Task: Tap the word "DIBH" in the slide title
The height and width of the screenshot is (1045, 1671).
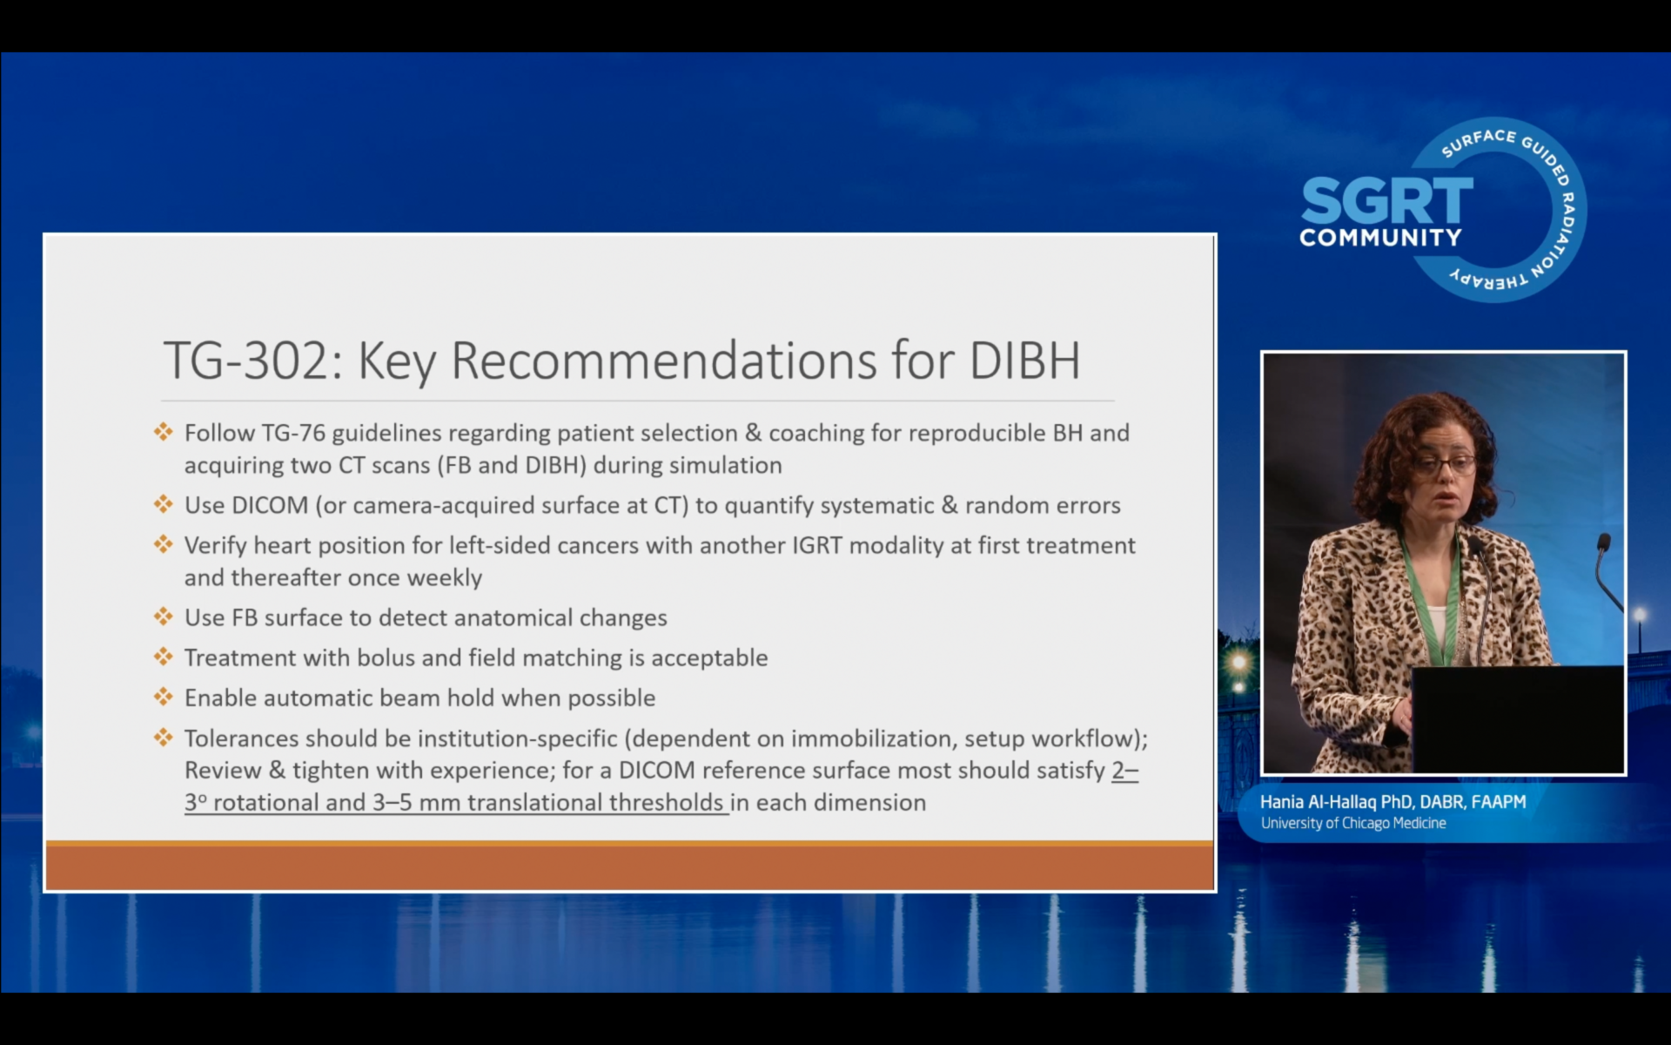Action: tap(1024, 361)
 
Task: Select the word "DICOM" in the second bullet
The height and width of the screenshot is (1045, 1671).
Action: tap(270, 505)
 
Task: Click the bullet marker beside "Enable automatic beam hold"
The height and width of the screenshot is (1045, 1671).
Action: tap(164, 697)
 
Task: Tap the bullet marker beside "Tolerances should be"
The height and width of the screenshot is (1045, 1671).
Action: tap(164, 738)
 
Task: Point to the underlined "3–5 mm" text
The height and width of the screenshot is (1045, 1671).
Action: tap(416, 802)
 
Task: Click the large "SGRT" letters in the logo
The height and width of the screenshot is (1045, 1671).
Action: tap(1386, 200)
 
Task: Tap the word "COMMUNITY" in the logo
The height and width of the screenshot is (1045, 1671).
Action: tap(1380, 238)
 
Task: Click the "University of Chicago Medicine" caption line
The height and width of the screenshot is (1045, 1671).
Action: tap(1353, 823)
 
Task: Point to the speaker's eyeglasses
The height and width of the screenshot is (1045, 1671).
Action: tap(1444, 464)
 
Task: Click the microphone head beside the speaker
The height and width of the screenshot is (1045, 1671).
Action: tap(1603, 543)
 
